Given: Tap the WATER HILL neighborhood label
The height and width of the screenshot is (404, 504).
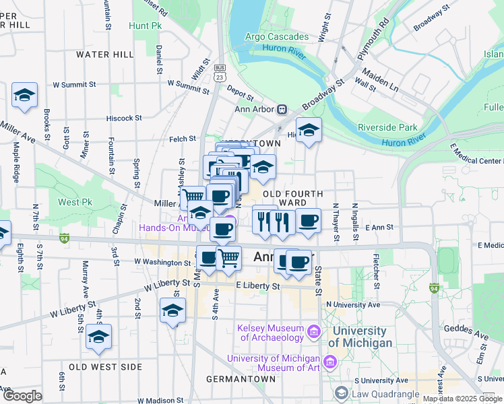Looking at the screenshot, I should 104,54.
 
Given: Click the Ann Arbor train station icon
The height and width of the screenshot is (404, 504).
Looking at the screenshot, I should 283,109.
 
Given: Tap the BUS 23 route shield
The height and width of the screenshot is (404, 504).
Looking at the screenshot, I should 220,73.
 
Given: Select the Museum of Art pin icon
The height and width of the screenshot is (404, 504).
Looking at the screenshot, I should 329,363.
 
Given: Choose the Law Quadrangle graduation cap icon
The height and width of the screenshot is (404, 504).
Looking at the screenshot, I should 342,393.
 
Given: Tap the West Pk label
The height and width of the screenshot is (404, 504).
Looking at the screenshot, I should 74,202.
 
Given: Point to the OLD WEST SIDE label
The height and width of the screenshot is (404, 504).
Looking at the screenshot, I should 105,367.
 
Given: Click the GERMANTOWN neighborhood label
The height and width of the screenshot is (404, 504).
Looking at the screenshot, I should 241,379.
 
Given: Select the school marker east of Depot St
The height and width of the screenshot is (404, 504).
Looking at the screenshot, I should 309,131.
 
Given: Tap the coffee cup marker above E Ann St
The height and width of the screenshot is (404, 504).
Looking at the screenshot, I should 308,220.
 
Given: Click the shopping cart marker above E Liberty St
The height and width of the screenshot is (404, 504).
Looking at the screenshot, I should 229,258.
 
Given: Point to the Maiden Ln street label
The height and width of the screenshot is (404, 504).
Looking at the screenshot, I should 380,80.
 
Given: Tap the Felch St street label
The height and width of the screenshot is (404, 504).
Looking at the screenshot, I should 183,139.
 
